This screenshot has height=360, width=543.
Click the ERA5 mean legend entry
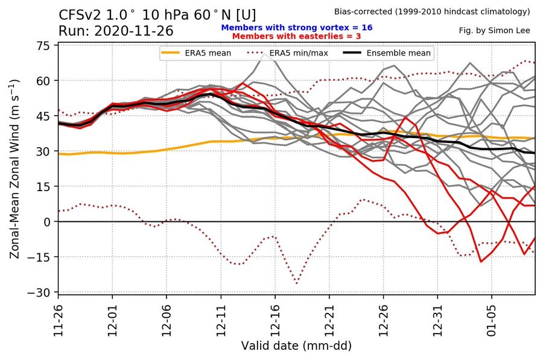point(196,53)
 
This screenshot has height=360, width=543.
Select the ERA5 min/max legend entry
point(287,53)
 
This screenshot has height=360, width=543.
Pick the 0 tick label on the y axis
point(48,222)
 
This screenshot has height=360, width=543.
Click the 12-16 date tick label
point(275,321)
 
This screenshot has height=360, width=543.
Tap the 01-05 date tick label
point(492,321)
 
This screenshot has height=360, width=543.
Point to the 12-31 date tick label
point(438,321)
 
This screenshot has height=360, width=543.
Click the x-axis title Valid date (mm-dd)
point(296,346)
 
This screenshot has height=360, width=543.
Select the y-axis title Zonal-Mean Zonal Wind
point(14,169)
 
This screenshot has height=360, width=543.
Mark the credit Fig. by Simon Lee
point(494,31)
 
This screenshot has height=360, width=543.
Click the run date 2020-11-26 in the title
point(134,31)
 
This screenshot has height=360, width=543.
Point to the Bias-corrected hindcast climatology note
point(432,11)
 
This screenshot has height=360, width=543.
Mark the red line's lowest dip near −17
point(481,261)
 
